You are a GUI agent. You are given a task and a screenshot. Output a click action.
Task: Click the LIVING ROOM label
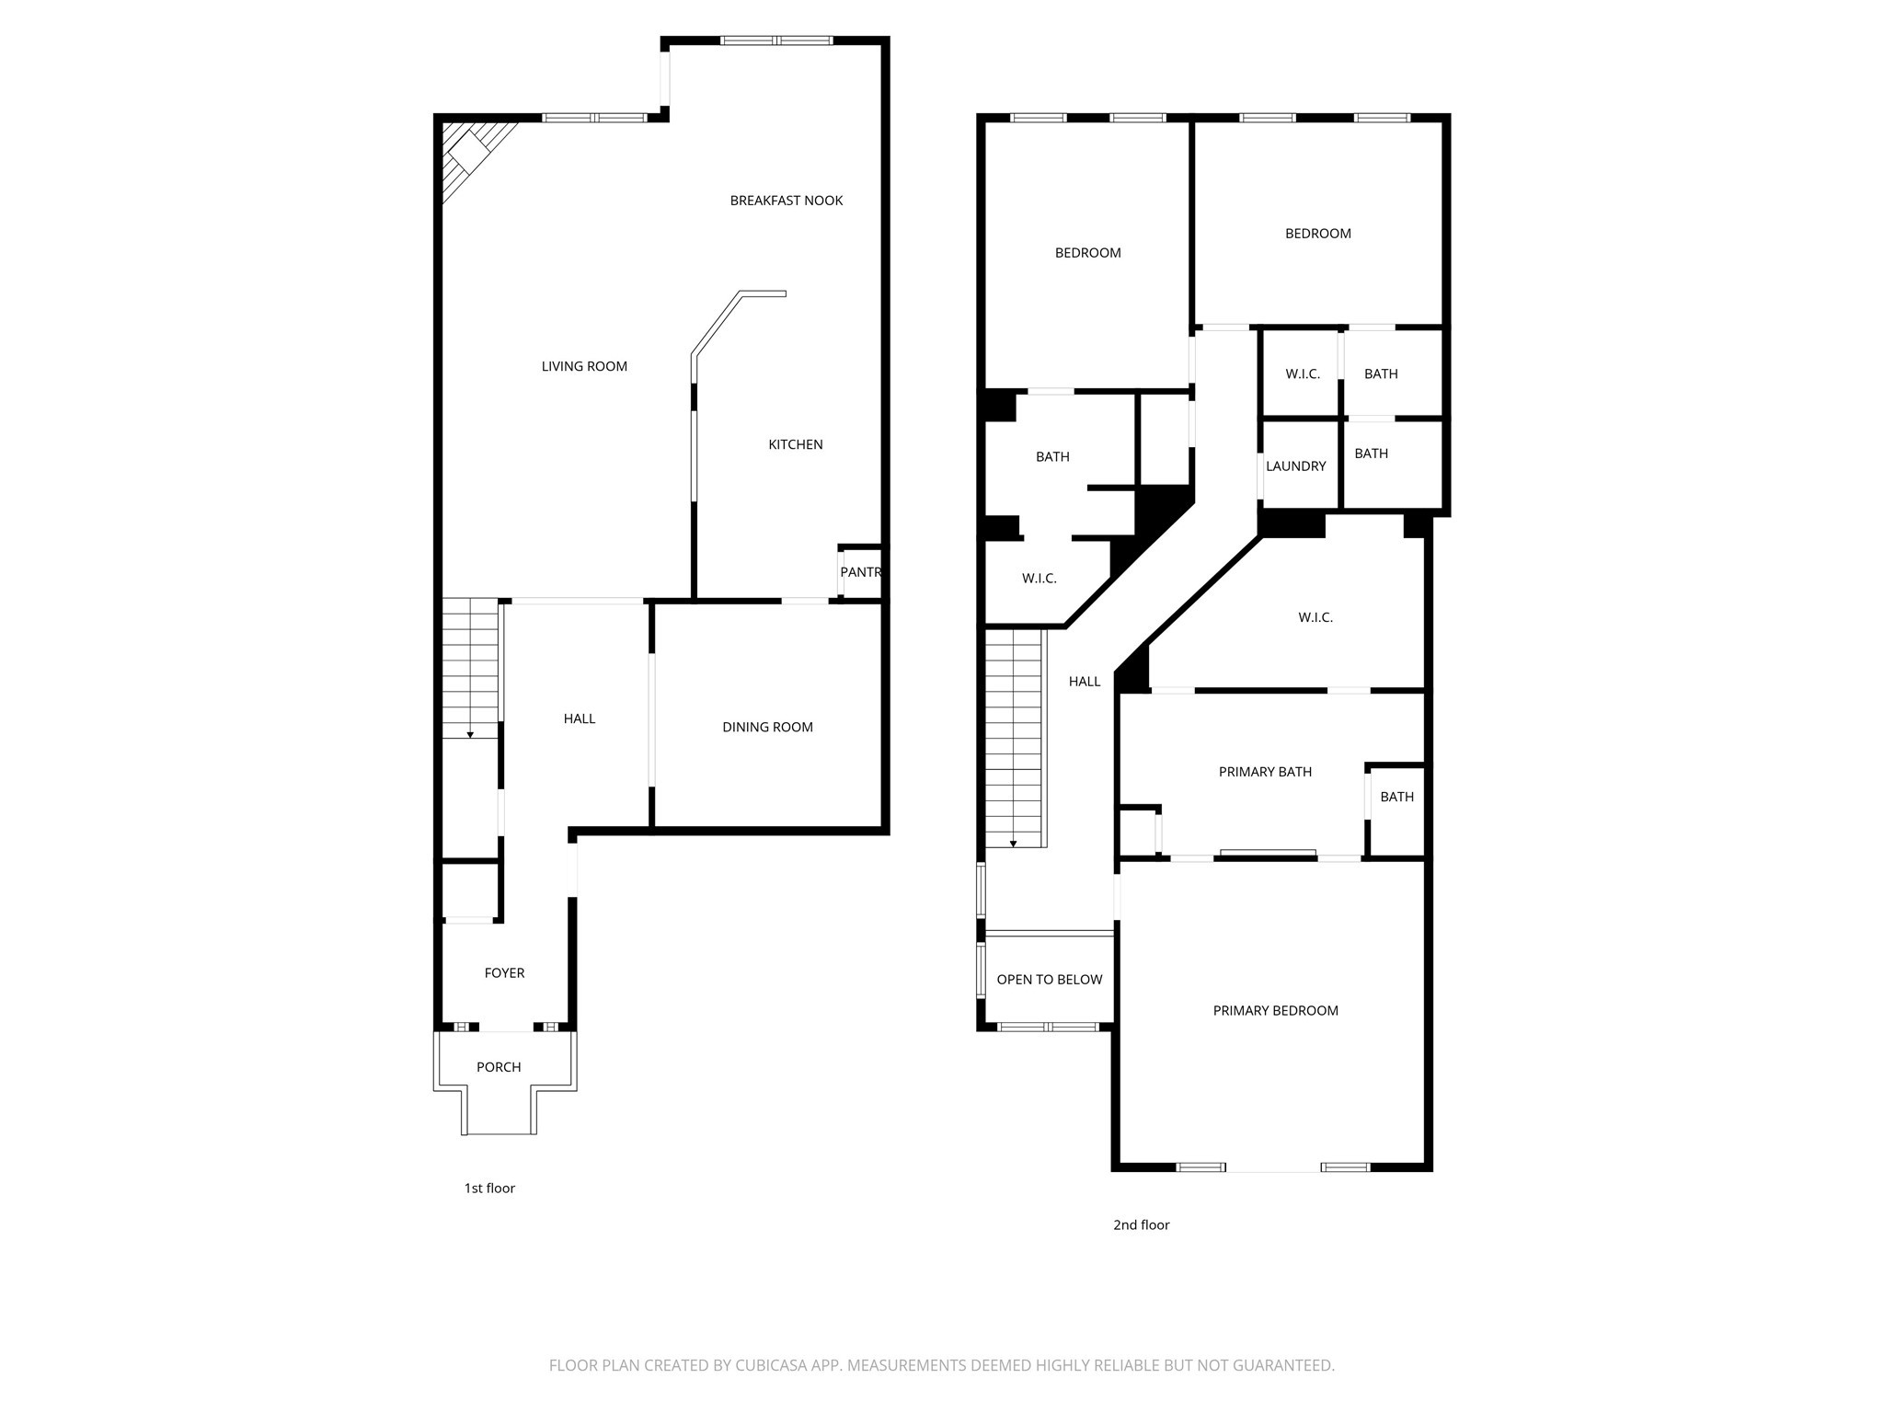coord(584,366)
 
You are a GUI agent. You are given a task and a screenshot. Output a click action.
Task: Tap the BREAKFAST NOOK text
coord(786,201)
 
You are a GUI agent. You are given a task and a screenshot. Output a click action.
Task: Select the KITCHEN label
coord(795,444)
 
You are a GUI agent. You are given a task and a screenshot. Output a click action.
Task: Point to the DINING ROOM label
coord(767,727)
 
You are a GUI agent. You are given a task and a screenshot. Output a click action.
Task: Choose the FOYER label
coord(504,972)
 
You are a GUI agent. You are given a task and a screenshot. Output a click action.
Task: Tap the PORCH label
coord(499,1067)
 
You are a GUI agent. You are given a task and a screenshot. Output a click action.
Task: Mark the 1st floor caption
coord(489,1188)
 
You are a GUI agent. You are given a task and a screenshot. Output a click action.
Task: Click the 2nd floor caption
coord(1141,1224)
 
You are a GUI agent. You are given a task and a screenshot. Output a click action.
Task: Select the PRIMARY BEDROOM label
coord(1275,1010)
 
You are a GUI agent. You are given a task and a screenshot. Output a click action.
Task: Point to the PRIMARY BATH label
coord(1265,772)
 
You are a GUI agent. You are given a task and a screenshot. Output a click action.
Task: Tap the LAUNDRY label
coord(1295,466)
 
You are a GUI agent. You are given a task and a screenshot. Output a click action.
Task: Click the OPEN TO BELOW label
coord(1049,980)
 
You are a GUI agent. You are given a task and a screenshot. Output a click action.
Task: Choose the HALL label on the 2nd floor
coord(1085,682)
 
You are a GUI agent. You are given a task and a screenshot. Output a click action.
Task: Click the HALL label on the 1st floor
coord(580,718)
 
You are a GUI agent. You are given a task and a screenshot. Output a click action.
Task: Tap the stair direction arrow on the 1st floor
coord(470,734)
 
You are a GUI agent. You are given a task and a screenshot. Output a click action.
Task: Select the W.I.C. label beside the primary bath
coord(1315,617)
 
